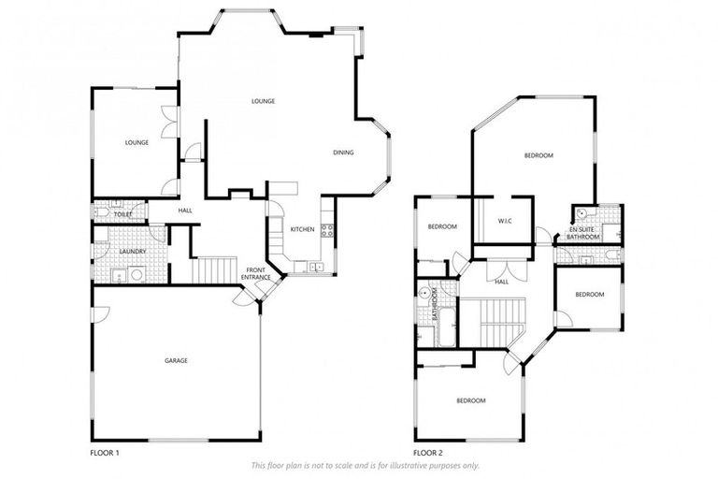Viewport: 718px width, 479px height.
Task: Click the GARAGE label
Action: (x=175, y=360)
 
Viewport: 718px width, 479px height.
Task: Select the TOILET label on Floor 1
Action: (x=122, y=214)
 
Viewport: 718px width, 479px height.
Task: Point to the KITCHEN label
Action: (x=301, y=230)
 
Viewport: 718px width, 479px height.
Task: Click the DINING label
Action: (x=343, y=152)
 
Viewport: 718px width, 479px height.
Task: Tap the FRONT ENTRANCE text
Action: (x=256, y=273)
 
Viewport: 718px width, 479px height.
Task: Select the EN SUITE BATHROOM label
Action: (x=585, y=233)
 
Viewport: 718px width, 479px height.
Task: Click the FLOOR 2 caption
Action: (x=429, y=453)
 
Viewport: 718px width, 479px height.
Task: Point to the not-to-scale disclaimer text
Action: (x=365, y=465)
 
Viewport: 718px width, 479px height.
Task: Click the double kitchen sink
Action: (x=315, y=267)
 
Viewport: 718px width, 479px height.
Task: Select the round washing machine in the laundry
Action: (x=136, y=275)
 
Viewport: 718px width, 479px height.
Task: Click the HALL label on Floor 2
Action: (x=501, y=282)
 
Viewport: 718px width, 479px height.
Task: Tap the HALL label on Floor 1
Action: (x=185, y=210)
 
